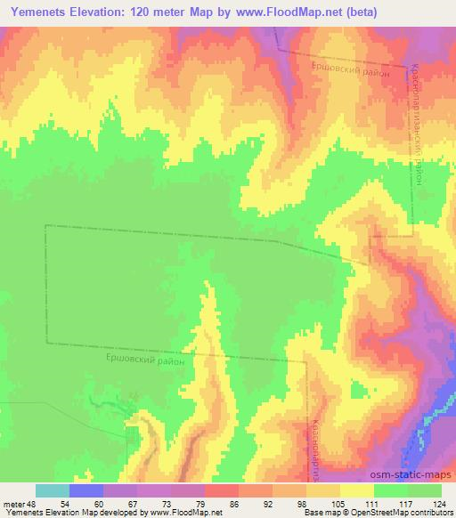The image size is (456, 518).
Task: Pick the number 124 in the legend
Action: (441, 504)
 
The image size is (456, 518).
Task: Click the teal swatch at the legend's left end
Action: (53, 490)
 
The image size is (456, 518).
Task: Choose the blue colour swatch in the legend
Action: (86, 490)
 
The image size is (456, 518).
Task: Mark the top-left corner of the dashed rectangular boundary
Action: (45, 226)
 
